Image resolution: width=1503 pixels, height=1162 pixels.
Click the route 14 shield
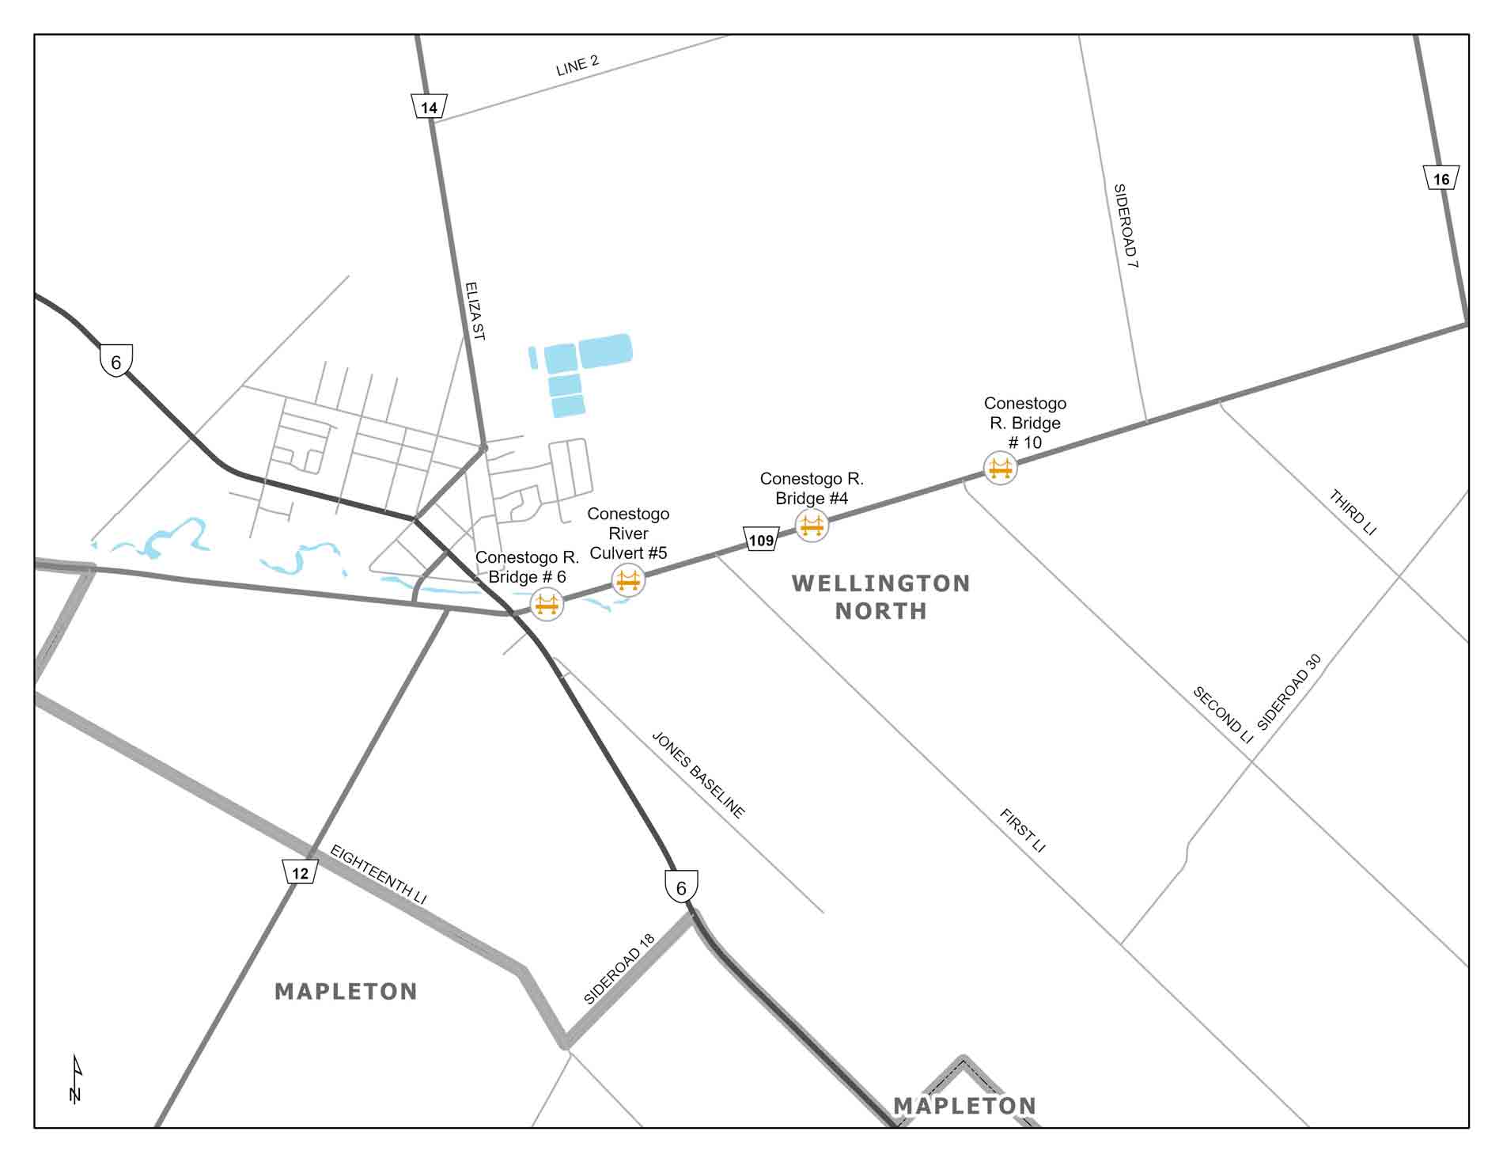click(x=429, y=107)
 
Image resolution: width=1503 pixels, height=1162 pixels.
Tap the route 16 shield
click(x=1441, y=179)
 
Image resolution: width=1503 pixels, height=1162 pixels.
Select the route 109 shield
click(x=761, y=541)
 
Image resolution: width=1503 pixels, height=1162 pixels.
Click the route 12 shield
click(x=300, y=873)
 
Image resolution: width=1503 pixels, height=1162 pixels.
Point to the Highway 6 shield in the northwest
click(x=116, y=362)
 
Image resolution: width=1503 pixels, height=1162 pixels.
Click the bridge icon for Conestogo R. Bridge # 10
click(x=1000, y=468)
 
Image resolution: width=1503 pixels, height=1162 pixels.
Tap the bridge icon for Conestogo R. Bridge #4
click(x=812, y=525)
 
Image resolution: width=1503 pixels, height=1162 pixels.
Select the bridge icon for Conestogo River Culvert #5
click(x=628, y=581)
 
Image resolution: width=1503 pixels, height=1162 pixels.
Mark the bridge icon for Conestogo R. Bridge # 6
click(x=547, y=605)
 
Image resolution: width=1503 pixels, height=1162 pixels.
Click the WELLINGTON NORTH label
click(x=880, y=597)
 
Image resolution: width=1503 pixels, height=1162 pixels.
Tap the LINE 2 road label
click(x=577, y=66)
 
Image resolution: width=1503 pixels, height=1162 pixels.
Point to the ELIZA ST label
click(x=474, y=310)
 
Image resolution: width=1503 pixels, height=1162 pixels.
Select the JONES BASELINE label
click(x=698, y=774)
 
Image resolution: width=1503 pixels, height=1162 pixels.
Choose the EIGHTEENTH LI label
click(x=378, y=875)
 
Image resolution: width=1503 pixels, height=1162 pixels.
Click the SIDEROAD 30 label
click(x=1289, y=692)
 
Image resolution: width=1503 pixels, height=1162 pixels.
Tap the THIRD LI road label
click(x=1353, y=512)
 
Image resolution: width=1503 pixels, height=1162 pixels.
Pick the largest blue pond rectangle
click(x=605, y=351)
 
